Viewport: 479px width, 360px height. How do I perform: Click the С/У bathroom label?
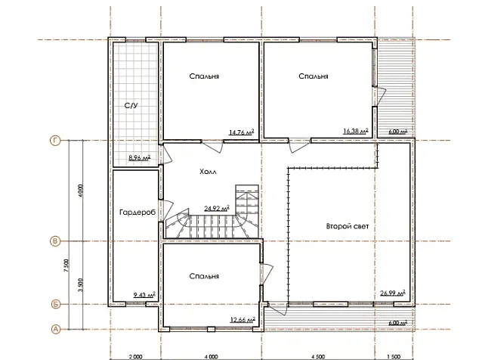(131, 106)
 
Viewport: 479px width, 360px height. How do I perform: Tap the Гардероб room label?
(138, 212)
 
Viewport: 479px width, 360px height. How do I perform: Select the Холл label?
(208, 172)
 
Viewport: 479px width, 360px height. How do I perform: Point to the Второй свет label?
(348, 226)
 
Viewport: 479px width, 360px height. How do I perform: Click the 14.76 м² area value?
(241, 132)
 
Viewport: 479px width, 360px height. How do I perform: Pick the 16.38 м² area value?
(356, 131)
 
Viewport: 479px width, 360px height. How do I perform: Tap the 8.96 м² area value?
(140, 158)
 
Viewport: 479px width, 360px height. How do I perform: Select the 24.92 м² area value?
(217, 208)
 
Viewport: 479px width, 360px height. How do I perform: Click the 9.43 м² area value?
(144, 295)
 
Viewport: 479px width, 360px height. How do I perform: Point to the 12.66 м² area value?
(243, 320)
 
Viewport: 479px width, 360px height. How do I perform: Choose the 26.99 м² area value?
(393, 293)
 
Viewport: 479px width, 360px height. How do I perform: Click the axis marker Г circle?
(55, 141)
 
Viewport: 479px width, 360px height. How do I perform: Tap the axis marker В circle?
(54, 241)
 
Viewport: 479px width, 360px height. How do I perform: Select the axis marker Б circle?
(56, 304)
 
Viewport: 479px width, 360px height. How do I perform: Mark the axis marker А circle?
(55, 330)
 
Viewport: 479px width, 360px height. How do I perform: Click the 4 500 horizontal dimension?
(318, 357)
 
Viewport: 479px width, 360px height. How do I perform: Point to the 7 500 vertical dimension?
(67, 265)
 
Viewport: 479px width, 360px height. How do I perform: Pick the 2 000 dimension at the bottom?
(136, 357)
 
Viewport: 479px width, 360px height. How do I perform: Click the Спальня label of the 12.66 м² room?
(204, 276)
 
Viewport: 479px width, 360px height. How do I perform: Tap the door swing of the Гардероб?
(168, 208)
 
